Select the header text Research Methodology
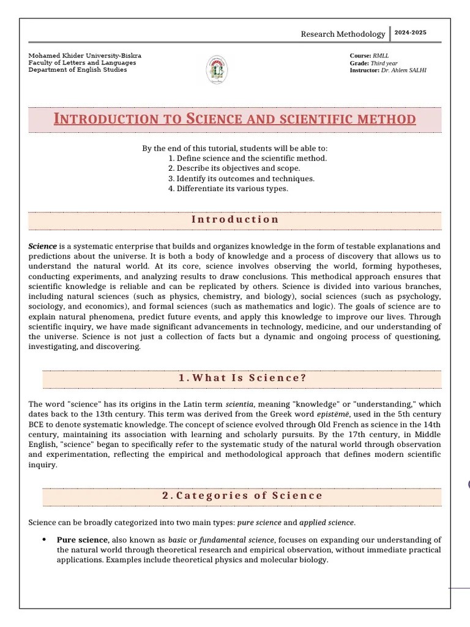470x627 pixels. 343,34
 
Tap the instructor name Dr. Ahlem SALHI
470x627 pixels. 404,70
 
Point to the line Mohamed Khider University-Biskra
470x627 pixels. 84,56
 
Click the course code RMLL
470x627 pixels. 381,56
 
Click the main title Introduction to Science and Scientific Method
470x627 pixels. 235,119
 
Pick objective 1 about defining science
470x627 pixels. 247,158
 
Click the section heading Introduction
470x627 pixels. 235,219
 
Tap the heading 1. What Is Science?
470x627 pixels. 242,378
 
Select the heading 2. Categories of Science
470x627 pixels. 242,495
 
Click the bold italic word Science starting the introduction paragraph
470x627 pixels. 42,246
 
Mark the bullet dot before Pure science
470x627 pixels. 45,540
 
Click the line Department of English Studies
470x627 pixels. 78,70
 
